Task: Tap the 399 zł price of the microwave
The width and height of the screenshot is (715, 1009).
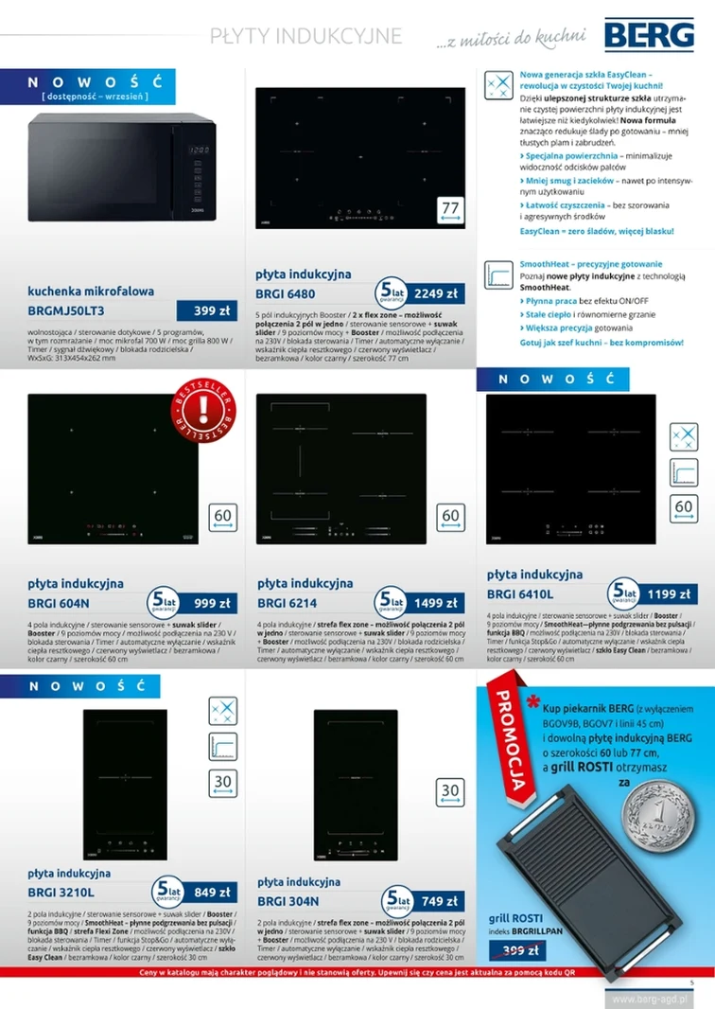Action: coord(205,310)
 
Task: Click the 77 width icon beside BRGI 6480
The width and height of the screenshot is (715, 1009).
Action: coord(450,210)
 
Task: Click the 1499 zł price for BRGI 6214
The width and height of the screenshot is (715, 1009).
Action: coord(435,603)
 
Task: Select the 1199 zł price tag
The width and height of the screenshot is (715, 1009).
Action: coord(669,593)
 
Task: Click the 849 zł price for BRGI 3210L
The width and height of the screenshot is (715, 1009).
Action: coord(212,892)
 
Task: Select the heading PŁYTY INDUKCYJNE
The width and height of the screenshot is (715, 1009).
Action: coord(306,36)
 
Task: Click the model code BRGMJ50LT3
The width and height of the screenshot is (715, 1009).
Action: coord(66,310)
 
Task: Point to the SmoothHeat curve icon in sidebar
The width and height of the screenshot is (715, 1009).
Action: coord(497,274)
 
